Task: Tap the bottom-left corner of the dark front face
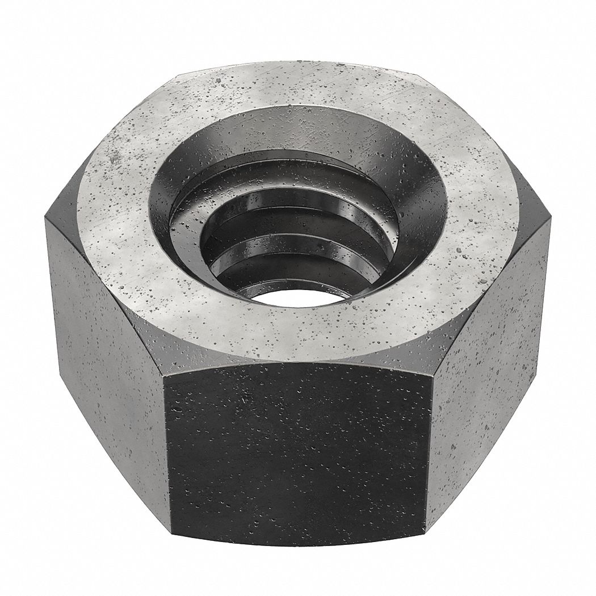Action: click(169, 536)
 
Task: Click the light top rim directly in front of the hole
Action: click(295, 335)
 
